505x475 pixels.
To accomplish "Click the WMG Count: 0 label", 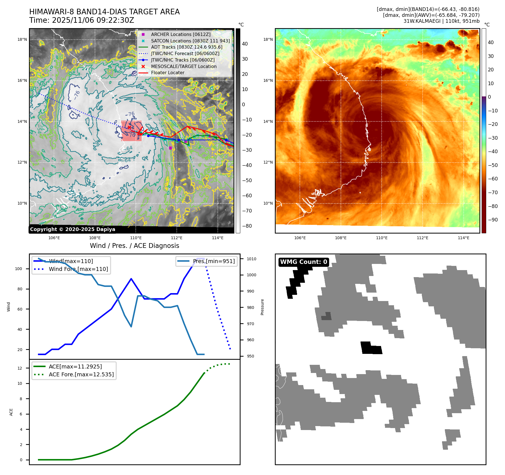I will (304, 262).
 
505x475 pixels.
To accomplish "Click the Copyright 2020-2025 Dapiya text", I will (73, 229).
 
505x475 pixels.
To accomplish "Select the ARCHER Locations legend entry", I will (180, 34).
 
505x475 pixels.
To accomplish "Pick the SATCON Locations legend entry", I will (190, 41).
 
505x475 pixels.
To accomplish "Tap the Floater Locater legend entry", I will (167, 73).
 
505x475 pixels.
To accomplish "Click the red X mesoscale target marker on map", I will (129, 127).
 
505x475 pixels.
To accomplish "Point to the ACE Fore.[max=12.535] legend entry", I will (81, 374).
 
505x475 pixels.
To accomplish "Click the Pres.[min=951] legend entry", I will (214, 261).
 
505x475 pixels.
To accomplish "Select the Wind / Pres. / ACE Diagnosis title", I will (134, 246).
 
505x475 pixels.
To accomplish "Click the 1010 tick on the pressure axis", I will (252, 259).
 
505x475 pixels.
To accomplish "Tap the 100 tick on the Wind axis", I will (19, 269).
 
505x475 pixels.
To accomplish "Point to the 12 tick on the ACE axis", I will (20, 368).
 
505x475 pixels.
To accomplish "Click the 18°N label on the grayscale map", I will (22, 40).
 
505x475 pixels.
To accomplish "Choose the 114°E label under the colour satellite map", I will (463, 238).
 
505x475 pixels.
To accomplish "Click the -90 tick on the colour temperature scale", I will (493, 220).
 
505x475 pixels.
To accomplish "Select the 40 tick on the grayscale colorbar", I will (245, 44).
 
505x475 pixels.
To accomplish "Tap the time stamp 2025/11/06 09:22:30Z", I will (93, 21).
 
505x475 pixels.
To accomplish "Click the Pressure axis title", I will (262, 307).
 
